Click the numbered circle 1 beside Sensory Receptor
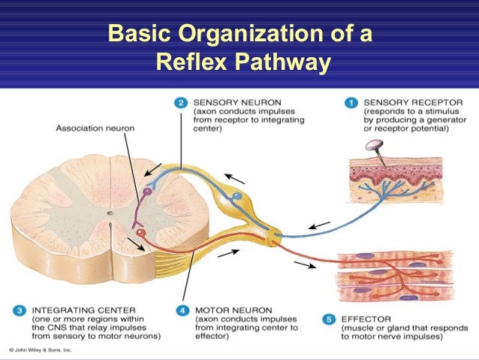[350, 101]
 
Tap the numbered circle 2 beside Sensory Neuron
[180, 101]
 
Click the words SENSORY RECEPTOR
[405, 101]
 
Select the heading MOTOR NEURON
[227, 309]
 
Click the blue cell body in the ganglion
[237, 198]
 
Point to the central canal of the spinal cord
[110, 214]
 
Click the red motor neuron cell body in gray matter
[140, 233]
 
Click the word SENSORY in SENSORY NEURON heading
[215, 101]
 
